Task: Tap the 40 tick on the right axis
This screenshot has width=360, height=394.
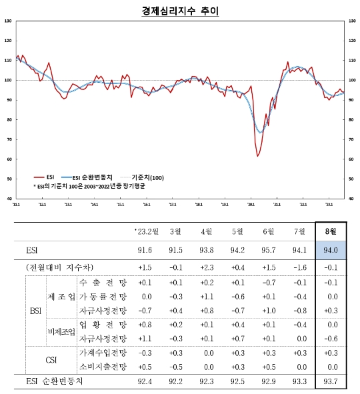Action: (x=351, y=199)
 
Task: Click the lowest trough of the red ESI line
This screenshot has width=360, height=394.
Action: (x=257, y=156)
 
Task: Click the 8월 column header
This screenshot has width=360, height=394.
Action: (x=331, y=231)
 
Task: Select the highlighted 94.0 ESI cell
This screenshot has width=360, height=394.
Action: (x=331, y=250)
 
